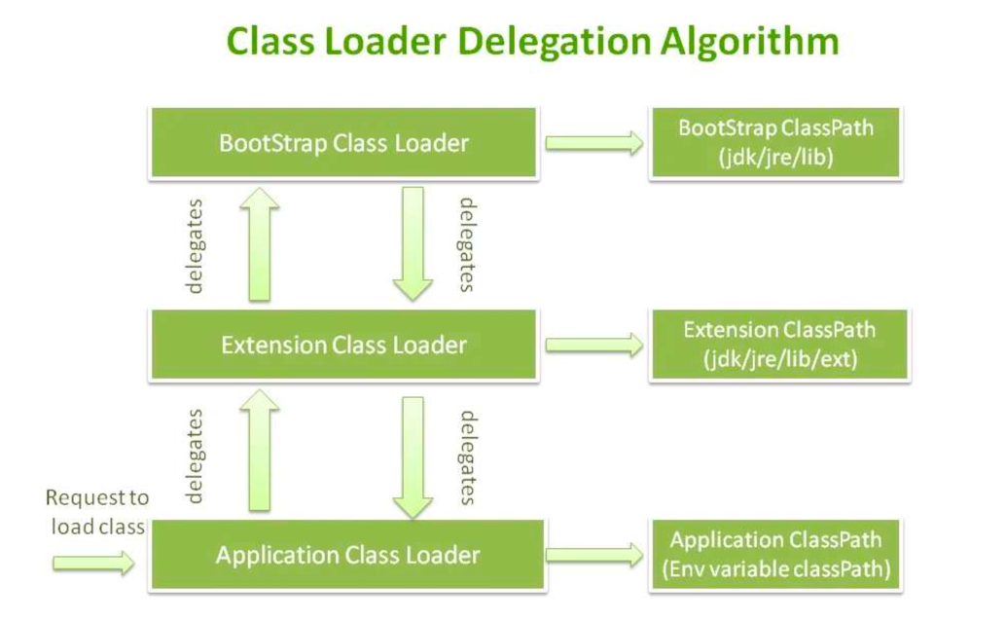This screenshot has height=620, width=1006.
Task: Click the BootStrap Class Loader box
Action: point(343,142)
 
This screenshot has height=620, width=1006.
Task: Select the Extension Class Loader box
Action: point(343,345)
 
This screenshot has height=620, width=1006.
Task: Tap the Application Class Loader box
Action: point(347,555)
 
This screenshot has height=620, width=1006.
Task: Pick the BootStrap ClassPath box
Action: point(775,142)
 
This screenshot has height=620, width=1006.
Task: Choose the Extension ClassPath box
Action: point(779,345)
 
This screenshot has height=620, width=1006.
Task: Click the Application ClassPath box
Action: point(775,555)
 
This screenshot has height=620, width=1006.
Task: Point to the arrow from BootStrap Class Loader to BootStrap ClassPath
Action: point(594,142)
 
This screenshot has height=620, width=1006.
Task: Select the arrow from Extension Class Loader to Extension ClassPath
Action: point(594,346)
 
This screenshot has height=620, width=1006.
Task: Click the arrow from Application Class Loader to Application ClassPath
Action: point(594,555)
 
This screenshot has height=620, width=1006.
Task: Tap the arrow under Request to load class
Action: point(93,564)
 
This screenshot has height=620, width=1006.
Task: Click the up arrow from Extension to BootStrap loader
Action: point(259,244)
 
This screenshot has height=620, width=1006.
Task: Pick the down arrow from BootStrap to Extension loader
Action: point(413,244)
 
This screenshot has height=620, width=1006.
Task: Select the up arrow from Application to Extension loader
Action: point(259,450)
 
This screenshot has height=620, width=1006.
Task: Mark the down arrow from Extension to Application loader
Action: point(413,457)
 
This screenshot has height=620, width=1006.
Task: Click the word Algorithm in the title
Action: point(749,43)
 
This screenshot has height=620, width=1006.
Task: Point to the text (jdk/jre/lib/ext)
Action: point(780,359)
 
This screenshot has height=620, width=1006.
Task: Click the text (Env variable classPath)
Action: point(775,568)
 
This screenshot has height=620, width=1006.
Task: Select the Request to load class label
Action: point(97,512)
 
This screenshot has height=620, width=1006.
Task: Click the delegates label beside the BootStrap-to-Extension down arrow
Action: point(467,244)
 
